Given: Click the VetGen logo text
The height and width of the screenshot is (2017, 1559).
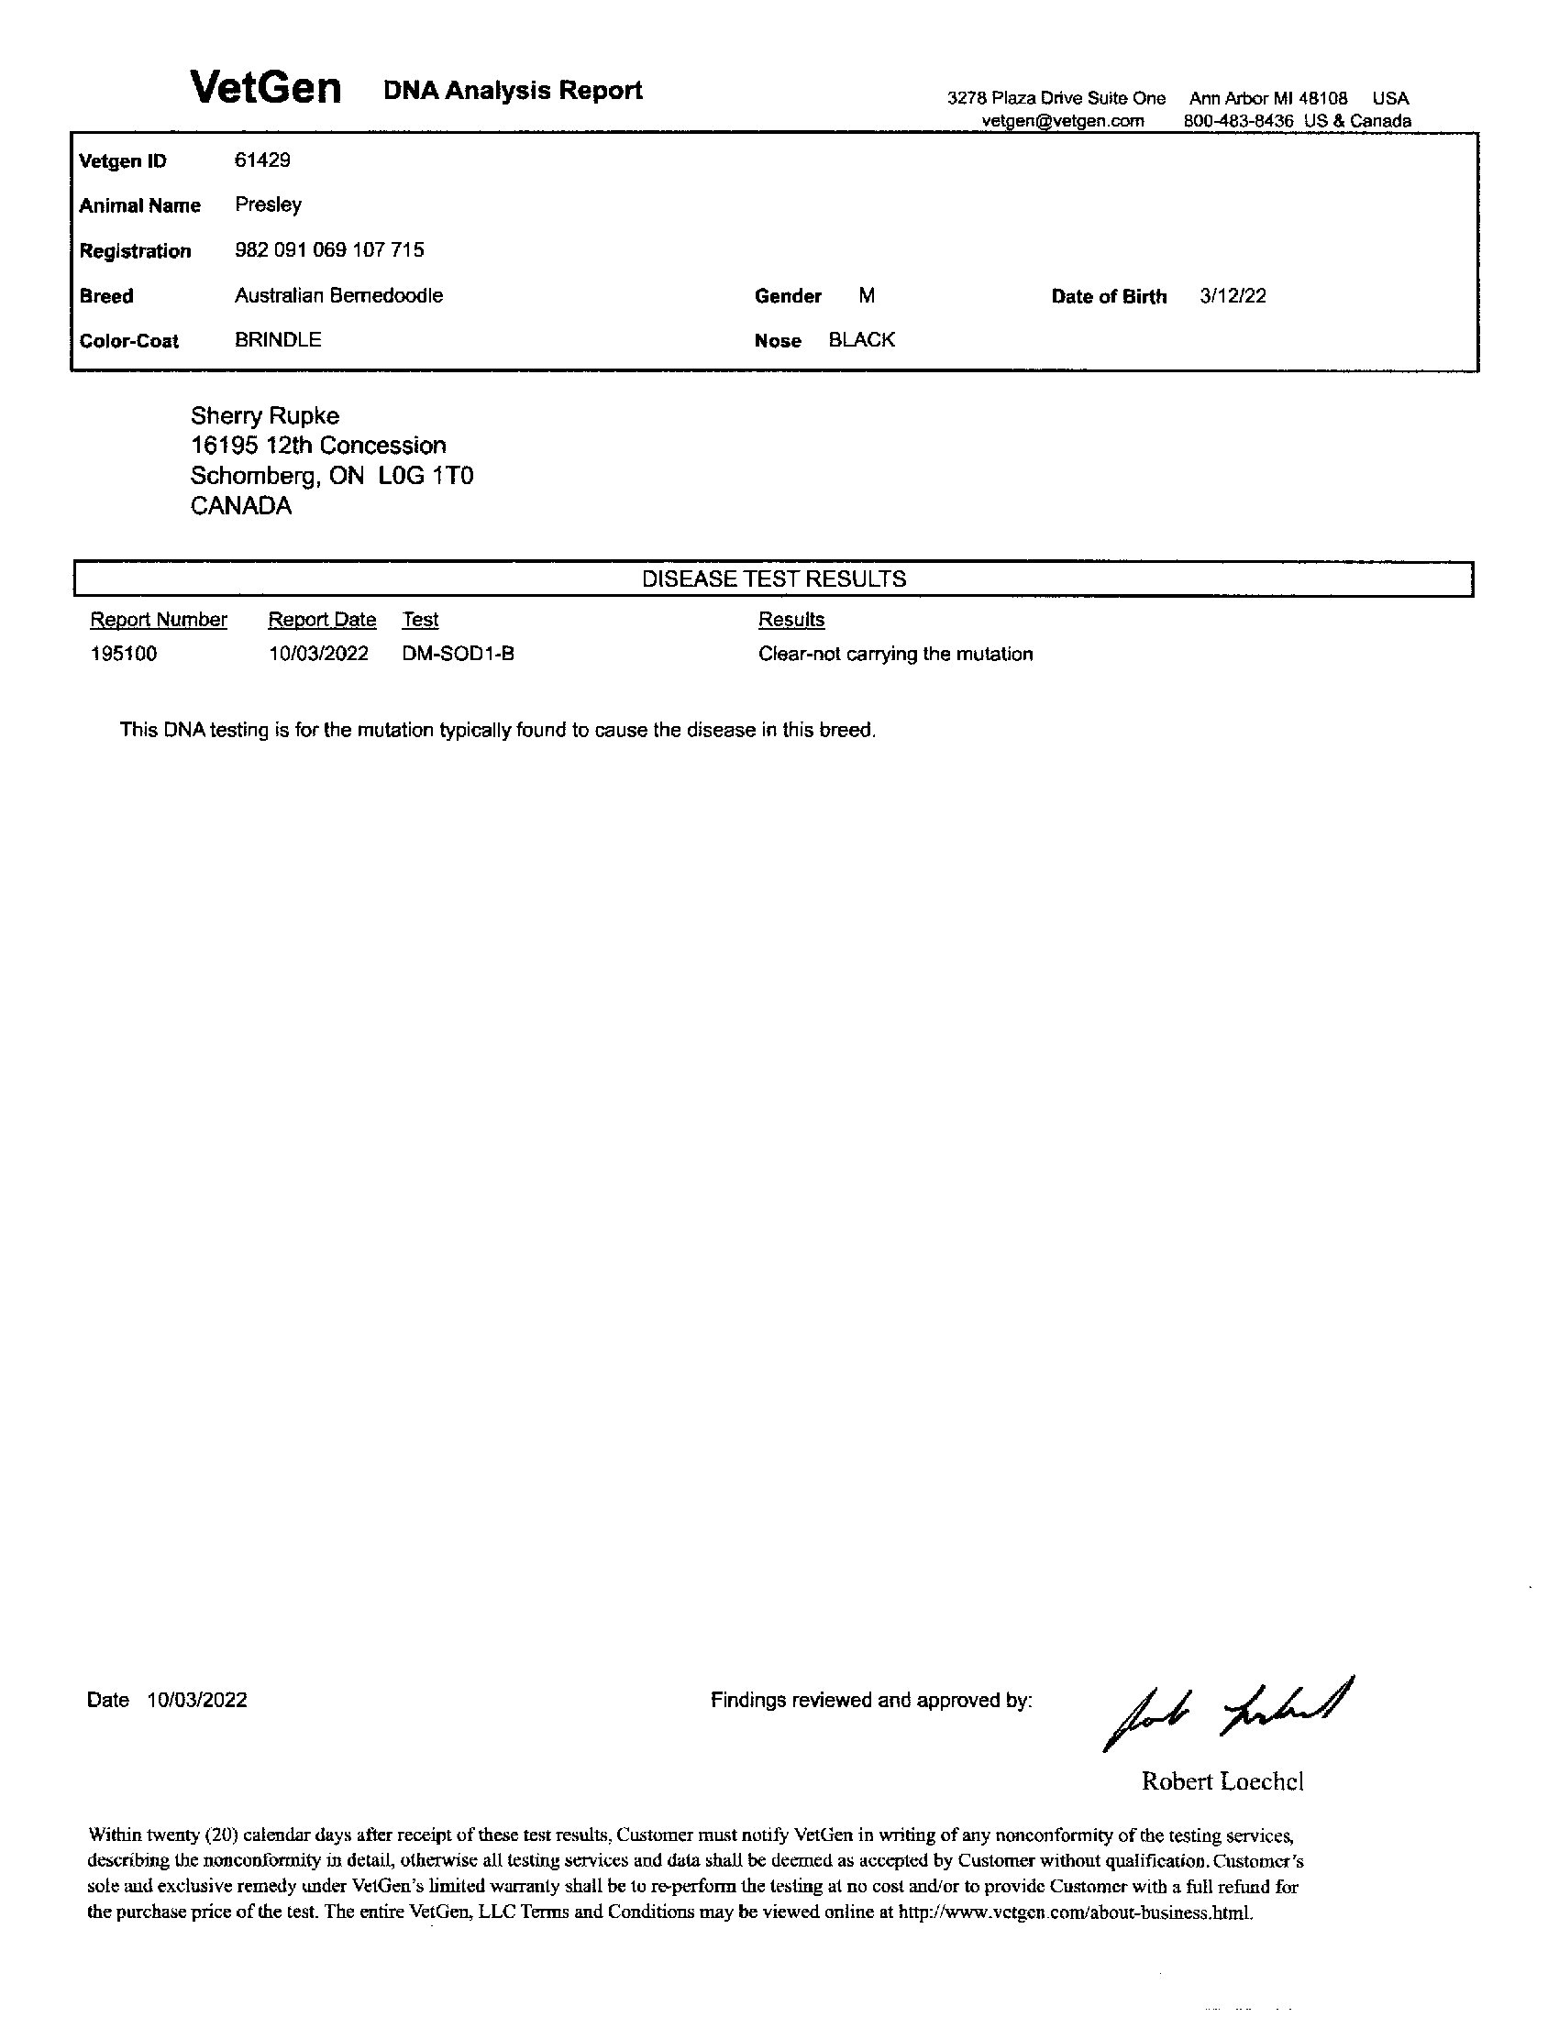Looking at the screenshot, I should [x=266, y=89].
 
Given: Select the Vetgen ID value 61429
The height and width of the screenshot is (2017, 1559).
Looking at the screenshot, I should [x=262, y=160].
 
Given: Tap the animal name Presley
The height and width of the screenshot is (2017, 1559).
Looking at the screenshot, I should [x=268, y=204].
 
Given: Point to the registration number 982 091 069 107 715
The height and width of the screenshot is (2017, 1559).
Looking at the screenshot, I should [x=330, y=249].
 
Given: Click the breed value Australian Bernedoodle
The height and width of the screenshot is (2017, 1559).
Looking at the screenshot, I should [x=338, y=295].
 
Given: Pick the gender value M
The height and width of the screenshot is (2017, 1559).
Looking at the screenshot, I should [x=867, y=295].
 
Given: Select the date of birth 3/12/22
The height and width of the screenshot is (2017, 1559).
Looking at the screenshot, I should [x=1233, y=295].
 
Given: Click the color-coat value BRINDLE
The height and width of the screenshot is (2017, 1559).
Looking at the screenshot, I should [x=278, y=340].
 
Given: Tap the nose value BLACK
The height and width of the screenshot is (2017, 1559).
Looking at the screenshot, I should [x=862, y=340].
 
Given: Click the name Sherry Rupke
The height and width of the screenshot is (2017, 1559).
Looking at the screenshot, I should [x=265, y=415].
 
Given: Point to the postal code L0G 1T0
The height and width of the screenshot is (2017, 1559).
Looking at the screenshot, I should [x=426, y=476].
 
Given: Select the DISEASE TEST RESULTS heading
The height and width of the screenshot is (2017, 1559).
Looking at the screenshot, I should [x=774, y=579].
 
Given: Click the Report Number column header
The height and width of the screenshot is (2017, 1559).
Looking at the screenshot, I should [x=159, y=620].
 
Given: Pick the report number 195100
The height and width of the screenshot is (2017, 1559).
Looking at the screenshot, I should [x=124, y=654].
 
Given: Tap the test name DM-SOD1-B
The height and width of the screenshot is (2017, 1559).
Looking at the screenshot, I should [x=459, y=654].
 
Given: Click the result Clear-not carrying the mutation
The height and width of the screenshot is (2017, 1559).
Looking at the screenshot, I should [x=895, y=654].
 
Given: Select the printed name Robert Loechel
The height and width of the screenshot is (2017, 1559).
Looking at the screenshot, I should [x=1222, y=1781].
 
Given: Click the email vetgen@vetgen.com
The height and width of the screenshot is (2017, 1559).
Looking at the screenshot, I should [x=1062, y=121].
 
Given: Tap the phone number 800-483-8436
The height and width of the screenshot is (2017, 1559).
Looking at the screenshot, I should [x=1239, y=121].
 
